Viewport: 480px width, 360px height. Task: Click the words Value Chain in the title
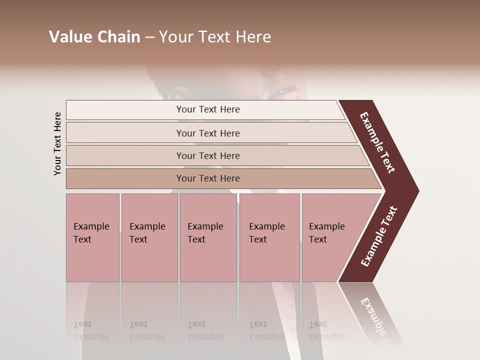tap(94, 37)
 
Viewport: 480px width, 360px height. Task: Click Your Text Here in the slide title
tap(215, 37)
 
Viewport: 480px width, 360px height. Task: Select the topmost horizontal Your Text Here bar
tap(207, 109)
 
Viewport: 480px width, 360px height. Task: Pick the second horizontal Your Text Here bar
tap(207, 133)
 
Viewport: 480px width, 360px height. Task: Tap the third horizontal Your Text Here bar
tap(207, 155)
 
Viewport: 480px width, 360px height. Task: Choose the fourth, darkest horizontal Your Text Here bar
tap(207, 178)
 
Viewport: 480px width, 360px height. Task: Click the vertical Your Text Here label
tap(57, 143)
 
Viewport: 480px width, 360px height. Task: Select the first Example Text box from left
tap(92, 237)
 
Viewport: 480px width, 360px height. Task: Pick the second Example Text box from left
tap(149, 237)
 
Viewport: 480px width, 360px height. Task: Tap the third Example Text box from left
tap(208, 237)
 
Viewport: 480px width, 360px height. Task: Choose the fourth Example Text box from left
tap(269, 237)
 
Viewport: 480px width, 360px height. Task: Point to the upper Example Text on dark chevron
tap(378, 142)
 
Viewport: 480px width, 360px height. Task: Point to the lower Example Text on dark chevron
tap(379, 236)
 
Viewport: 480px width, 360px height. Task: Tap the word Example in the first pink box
tap(91, 226)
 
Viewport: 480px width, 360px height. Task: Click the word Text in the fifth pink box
tap(318, 239)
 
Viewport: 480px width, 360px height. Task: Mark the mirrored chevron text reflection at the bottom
tap(377, 320)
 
